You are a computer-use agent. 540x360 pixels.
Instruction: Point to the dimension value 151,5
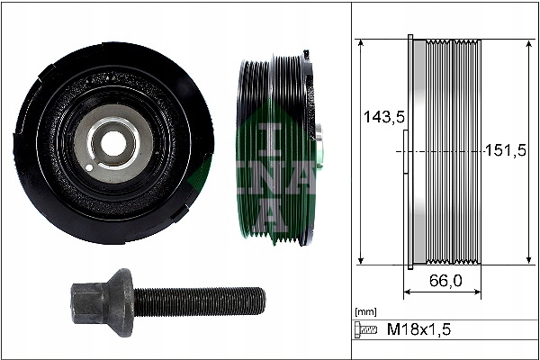[x=504, y=150]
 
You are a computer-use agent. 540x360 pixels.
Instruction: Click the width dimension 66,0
[x=445, y=281]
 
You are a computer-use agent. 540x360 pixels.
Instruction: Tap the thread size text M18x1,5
[x=420, y=330]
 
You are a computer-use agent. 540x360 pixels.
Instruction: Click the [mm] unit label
[x=366, y=311]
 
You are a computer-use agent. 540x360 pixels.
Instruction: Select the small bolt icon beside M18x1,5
[x=365, y=330]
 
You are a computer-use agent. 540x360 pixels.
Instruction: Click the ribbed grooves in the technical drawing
[x=454, y=151]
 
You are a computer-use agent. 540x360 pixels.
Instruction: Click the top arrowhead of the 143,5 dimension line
[x=360, y=44]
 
